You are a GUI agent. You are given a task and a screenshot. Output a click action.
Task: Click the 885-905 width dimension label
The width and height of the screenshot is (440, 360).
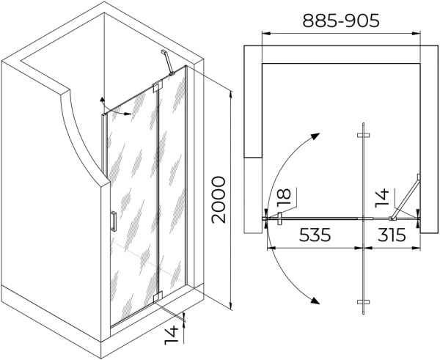341,21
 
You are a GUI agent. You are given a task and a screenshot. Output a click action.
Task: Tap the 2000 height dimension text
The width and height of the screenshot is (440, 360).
219,199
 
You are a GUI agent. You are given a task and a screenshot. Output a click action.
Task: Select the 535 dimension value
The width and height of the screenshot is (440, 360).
315,235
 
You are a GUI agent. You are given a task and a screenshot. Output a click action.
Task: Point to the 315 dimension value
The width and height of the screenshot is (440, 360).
392,235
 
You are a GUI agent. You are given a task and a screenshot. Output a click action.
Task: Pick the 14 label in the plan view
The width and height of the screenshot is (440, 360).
382,199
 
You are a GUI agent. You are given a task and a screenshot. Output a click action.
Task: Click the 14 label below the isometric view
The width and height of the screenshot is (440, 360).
171,335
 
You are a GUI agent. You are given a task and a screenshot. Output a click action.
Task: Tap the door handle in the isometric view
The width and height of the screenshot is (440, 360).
114,221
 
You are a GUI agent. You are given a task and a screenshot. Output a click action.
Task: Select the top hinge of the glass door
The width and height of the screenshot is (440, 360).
158,87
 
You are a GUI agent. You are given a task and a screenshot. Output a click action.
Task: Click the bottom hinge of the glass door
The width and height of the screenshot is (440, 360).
158,297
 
